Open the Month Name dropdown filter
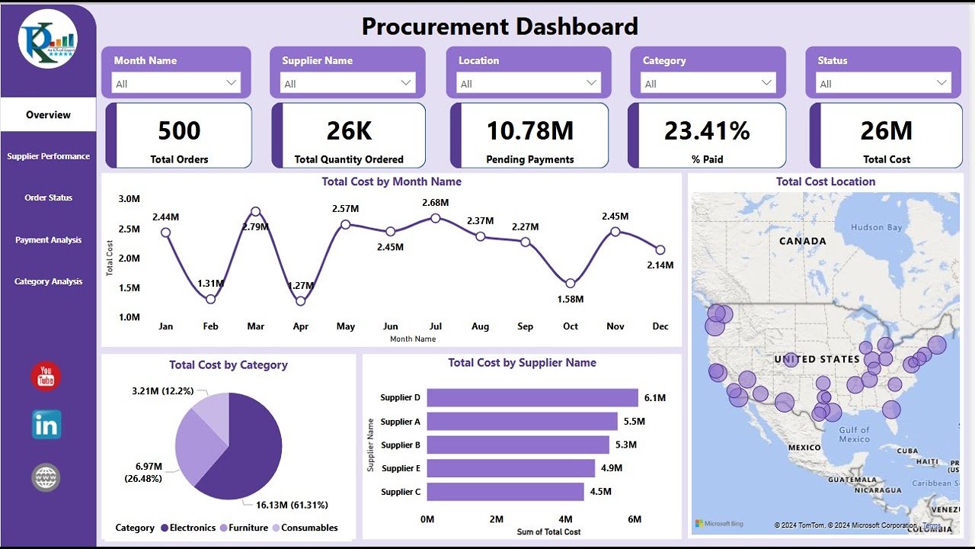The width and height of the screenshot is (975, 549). coord(176,83)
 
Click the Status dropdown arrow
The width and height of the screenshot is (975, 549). coord(942,83)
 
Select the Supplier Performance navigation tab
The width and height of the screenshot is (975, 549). coord(49,156)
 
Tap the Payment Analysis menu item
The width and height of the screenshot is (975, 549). coord(49,239)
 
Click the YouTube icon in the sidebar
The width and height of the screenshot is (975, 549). coord(46,377)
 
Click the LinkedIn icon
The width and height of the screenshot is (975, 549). coord(46,425)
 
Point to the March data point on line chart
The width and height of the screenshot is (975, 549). coord(256,212)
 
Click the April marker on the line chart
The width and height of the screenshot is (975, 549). coord(301,301)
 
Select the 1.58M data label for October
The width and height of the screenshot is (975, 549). coord(571,299)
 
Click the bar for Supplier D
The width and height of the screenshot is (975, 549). coord(532,398)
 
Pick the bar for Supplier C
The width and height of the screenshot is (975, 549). coord(505,492)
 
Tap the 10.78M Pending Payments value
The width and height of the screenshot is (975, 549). coord(530,131)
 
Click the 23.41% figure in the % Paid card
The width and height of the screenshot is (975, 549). coord(707,131)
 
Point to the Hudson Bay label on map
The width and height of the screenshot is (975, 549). coord(876,227)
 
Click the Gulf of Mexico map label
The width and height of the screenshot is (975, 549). coord(854,435)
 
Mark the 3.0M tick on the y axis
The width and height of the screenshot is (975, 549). coord(129,199)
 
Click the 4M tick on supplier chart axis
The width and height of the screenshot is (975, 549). coord(565,519)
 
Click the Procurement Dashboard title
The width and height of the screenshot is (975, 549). coord(500,27)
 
